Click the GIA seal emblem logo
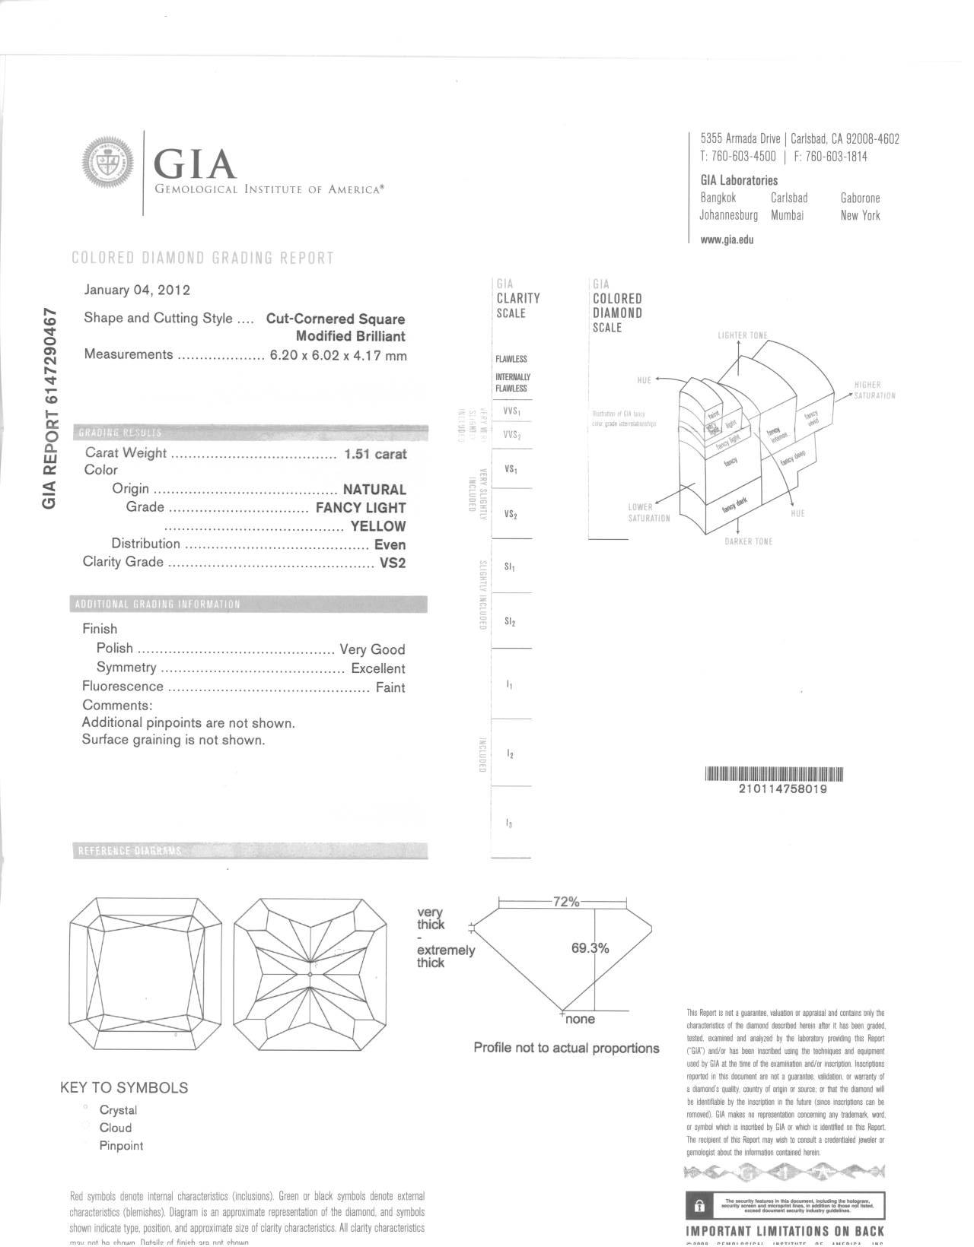tap(107, 162)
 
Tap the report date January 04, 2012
tap(137, 290)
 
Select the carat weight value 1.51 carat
tap(375, 454)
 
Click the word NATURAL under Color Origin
tap(374, 490)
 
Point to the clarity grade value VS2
tap(393, 563)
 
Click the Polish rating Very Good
tap(372, 649)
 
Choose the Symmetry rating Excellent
tap(377, 668)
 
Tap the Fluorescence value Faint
tap(390, 687)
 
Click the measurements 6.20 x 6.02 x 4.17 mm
tap(339, 355)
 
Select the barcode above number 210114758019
tap(775, 775)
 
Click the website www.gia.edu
tap(727, 240)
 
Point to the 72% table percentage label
tap(565, 902)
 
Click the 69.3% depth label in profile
tap(590, 948)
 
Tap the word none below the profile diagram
tap(580, 1019)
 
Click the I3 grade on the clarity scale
tap(509, 823)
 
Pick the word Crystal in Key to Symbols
tap(118, 1110)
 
